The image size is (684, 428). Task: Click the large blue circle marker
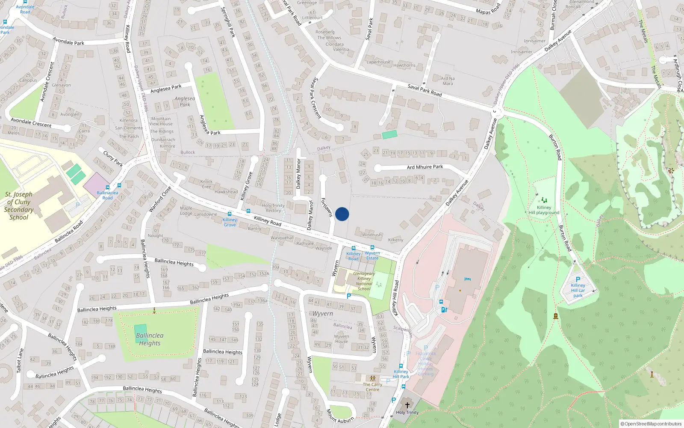coord(342,214)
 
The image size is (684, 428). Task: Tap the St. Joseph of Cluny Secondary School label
coord(19,206)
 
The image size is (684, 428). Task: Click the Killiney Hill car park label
coord(578,290)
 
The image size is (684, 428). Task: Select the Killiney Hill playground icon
coord(544,200)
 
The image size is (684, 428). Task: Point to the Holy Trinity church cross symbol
coord(407,405)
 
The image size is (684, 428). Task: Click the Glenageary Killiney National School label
coord(364,281)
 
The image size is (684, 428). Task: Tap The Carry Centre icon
coord(373,379)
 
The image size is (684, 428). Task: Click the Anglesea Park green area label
coord(185,101)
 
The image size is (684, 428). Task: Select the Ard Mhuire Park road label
coord(425,167)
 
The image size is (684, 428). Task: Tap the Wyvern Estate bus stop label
coord(372,256)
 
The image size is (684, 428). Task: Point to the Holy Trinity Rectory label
coord(273,208)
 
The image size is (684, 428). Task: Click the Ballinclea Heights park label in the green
coord(150,339)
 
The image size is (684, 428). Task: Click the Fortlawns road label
coord(327,207)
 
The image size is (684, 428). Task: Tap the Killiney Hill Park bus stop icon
coord(401,366)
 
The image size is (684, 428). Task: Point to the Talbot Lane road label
coord(20,360)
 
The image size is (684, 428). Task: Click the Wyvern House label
coord(342,339)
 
